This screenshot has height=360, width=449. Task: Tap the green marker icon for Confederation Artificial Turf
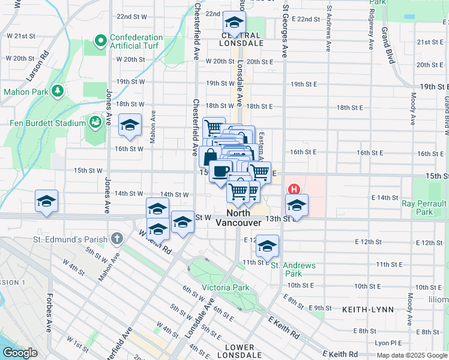coord(100,42)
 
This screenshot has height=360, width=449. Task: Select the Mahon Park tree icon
coord(58,90)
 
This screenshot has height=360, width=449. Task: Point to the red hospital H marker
coord(294,188)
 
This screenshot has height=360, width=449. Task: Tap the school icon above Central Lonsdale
coord(233,24)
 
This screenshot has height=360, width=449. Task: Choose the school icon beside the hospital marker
coord(297,205)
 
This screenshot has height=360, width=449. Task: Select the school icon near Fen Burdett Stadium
coord(130,125)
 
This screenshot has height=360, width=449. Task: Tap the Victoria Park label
coord(226,287)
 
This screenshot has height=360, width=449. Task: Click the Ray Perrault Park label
coord(425,208)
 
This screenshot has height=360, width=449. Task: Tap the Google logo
coord(20,353)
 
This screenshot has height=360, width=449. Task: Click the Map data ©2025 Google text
coord(412,355)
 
